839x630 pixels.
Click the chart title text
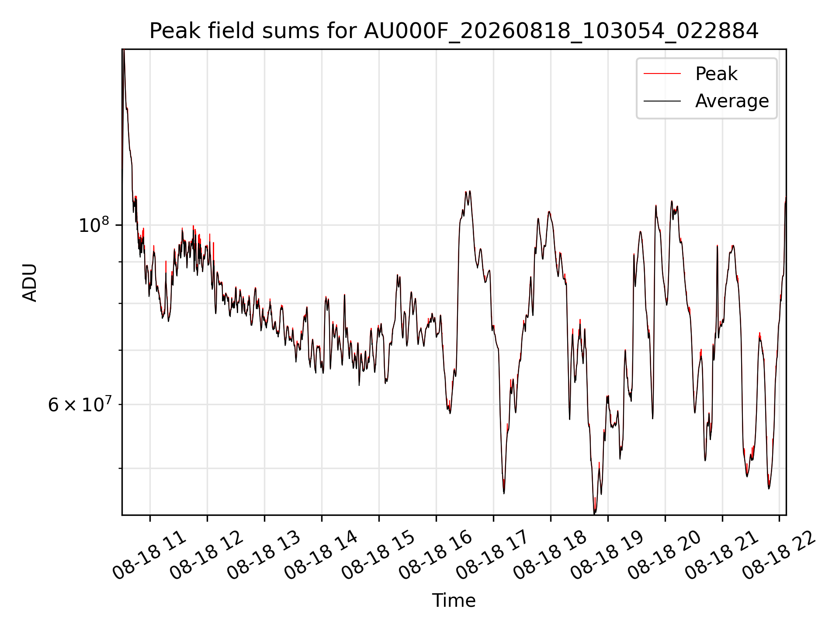click(x=454, y=31)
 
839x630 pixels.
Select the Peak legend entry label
click(x=716, y=74)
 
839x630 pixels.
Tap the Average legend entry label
click(x=732, y=101)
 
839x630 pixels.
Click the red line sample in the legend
click(x=662, y=74)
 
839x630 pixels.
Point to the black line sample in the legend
click(x=662, y=101)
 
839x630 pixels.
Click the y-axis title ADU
click(x=30, y=282)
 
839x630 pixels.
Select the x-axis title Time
click(x=454, y=600)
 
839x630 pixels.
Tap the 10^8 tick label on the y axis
click(x=94, y=225)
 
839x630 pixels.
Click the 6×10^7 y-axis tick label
click(x=79, y=404)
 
